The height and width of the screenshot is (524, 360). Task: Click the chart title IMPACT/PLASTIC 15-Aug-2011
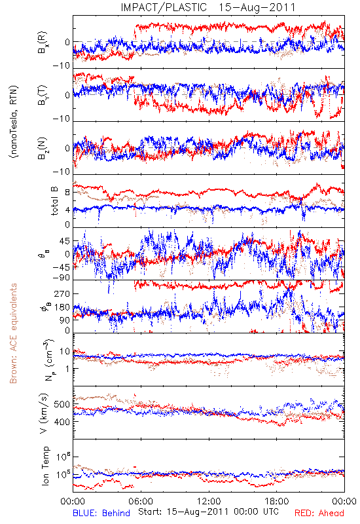pos(208,7)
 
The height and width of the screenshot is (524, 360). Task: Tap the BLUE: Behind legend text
pos(101,513)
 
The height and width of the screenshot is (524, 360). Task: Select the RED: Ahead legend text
pos(319,513)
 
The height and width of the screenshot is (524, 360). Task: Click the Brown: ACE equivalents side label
pos(13,333)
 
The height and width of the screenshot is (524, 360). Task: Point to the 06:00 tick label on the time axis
pos(141,501)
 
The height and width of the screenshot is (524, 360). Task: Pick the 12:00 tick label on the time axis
pos(209,501)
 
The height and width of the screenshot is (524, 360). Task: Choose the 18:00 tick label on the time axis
pos(277,501)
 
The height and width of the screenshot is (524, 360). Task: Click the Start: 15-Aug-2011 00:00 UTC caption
pos(208,512)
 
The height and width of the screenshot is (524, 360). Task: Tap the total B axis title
pos(54,201)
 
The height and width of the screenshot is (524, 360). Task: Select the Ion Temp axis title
pos(45,466)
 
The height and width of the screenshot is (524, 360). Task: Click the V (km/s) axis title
pos(44,413)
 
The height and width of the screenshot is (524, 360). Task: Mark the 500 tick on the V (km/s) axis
pos(62,404)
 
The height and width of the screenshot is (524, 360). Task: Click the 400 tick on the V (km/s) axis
pos(62,421)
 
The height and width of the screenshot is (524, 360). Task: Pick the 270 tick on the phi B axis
pos(62,293)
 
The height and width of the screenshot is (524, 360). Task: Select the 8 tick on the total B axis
pos(67,193)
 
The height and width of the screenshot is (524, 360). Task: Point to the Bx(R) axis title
pos(43,43)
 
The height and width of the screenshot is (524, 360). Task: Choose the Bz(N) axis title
pos(43,148)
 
